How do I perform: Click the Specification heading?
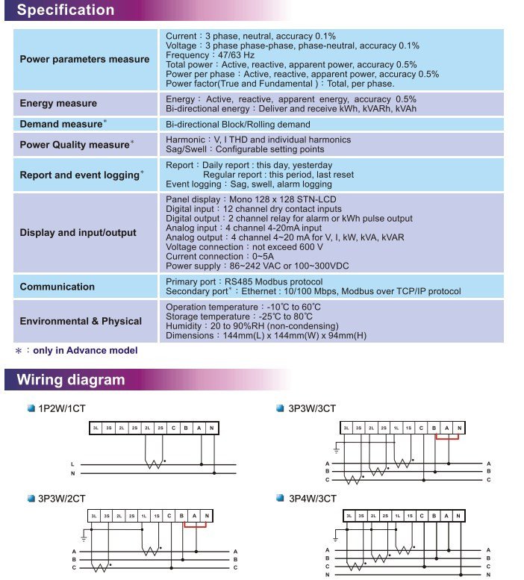pos(66,10)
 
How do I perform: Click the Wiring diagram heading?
pos(71,380)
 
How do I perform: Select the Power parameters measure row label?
pos(84,60)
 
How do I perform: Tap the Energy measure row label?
pos(58,104)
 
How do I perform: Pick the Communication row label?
pos(57,287)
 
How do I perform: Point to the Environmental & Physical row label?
pos(81,321)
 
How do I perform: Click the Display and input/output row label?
pos(78,232)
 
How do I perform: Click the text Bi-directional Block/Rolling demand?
pos(237,124)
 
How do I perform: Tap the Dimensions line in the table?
pos(266,336)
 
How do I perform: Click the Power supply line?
pos(258,266)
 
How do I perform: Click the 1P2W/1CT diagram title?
pos(60,409)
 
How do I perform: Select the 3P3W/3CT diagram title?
pos(312,409)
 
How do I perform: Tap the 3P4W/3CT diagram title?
pos(312,498)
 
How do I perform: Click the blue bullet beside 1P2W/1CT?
pos(31,409)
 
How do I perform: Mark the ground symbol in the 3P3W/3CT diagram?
pos(337,450)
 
